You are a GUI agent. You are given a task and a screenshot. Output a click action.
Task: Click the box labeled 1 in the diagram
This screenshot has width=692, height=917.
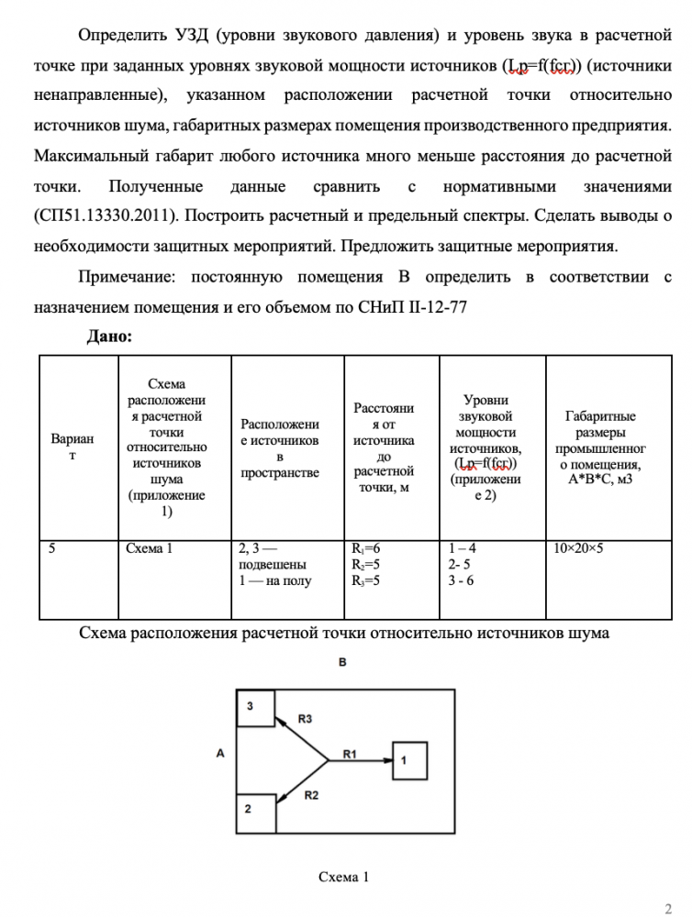409,760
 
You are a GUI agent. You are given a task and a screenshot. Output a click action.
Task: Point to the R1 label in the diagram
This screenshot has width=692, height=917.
351,753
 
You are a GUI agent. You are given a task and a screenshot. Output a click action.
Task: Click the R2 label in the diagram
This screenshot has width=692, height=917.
311,795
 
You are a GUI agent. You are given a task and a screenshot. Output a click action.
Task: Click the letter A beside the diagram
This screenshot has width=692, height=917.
220,753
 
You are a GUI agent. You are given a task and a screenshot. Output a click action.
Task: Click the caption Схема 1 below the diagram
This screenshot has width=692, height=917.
343,877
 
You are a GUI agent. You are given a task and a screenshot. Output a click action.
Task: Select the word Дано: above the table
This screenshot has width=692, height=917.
109,337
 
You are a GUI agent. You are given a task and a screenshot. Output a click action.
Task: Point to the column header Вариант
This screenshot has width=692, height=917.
77,447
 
